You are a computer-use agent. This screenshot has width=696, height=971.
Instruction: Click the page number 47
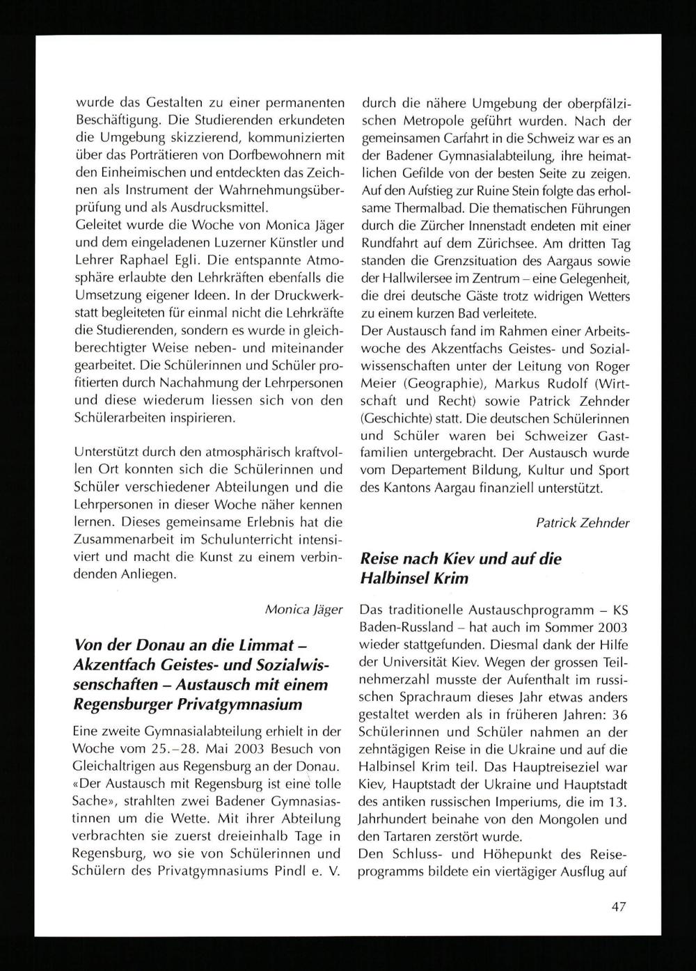(x=619, y=906)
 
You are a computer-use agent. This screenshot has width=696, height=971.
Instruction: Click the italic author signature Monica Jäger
(x=304, y=609)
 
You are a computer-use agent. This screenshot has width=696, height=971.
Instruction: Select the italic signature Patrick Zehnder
(x=583, y=522)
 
